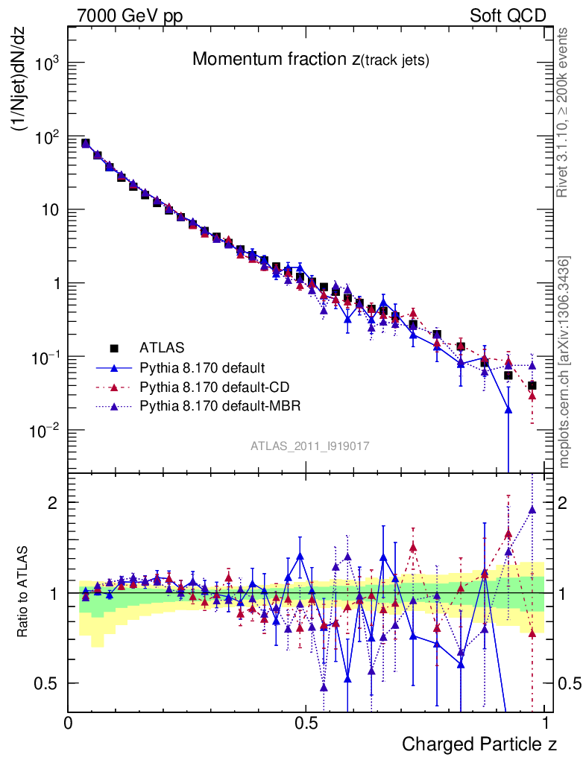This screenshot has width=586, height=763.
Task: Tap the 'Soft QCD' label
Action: (508, 16)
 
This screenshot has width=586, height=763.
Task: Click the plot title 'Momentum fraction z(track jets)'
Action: (310, 60)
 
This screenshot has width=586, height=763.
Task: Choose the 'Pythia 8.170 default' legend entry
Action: (202, 367)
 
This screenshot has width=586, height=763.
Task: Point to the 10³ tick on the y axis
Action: (46, 64)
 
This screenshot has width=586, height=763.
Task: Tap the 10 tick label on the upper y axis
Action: (48, 212)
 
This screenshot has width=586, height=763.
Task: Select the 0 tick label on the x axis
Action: (69, 723)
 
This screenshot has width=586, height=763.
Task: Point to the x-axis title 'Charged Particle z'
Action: (479, 744)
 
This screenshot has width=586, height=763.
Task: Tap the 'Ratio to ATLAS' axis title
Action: (24, 592)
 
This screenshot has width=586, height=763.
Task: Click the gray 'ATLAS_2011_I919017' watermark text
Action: (310, 446)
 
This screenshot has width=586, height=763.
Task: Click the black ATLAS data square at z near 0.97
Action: (532, 385)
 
